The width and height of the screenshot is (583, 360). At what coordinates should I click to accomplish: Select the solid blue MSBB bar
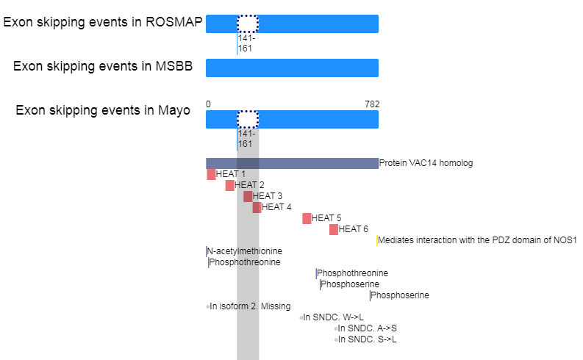click(293, 68)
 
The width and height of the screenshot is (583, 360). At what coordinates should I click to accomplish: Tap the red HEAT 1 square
click(211, 174)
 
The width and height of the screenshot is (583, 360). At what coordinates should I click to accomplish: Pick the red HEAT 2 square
click(230, 185)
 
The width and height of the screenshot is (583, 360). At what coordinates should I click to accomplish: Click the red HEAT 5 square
click(307, 218)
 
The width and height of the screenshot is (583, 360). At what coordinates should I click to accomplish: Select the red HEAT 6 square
click(334, 230)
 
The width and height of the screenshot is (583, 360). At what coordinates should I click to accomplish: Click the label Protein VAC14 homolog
click(426, 163)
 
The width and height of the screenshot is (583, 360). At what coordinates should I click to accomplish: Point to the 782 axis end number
click(372, 104)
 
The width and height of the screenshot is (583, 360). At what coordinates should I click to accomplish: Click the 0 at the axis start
click(208, 104)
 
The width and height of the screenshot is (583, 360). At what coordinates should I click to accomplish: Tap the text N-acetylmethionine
click(244, 251)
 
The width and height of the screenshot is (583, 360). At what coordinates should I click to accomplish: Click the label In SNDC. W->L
click(333, 317)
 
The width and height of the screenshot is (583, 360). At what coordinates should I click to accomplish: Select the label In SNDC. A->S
click(367, 328)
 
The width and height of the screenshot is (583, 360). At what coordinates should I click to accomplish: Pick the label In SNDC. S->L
click(367, 339)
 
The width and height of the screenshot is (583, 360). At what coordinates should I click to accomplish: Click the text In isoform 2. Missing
click(250, 306)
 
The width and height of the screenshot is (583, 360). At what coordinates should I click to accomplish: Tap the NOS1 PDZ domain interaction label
click(477, 240)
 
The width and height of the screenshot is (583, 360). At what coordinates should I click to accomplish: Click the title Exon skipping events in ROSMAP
click(103, 22)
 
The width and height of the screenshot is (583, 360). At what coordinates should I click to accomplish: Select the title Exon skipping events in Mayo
click(103, 110)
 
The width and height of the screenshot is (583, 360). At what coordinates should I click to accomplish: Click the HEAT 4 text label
click(276, 207)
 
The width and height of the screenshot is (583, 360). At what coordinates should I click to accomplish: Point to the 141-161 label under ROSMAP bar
click(246, 43)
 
